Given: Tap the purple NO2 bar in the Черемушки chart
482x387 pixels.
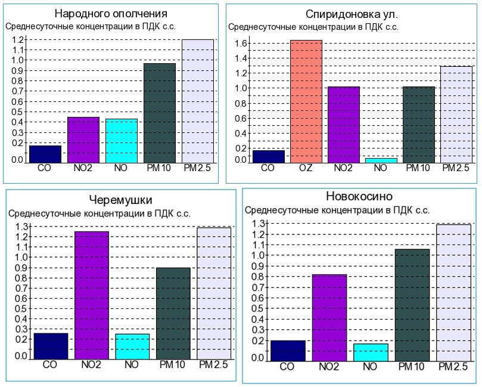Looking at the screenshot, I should pos(92,295).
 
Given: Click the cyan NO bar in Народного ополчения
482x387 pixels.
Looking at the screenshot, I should pos(122,141).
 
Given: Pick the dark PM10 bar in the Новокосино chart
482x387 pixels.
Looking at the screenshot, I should pos(412,305).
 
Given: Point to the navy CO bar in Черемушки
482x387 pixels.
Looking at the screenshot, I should pos(51,346).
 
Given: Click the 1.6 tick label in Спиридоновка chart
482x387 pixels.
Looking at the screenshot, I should pos(241,44).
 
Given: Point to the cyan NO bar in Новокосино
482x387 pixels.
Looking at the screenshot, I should pos(371,352).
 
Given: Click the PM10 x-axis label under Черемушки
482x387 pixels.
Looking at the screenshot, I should pos(173,365).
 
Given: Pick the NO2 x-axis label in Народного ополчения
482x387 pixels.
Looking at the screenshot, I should pos(83,168).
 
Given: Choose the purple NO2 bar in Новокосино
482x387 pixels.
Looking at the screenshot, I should pos(329,317).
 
